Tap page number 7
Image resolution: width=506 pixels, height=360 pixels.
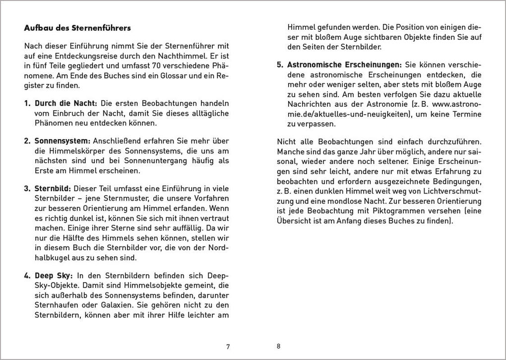click(228, 347)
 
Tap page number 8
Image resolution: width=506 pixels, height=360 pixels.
click(278, 346)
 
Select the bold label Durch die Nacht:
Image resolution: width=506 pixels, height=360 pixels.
click(66, 103)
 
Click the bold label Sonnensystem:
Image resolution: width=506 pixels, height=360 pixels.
click(62, 141)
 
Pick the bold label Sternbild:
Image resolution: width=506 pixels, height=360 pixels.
click(53, 189)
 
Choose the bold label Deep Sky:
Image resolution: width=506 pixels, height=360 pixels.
click(54, 275)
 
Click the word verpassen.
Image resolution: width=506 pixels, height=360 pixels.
click(317, 124)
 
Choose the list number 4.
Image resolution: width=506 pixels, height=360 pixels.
click(27, 275)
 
